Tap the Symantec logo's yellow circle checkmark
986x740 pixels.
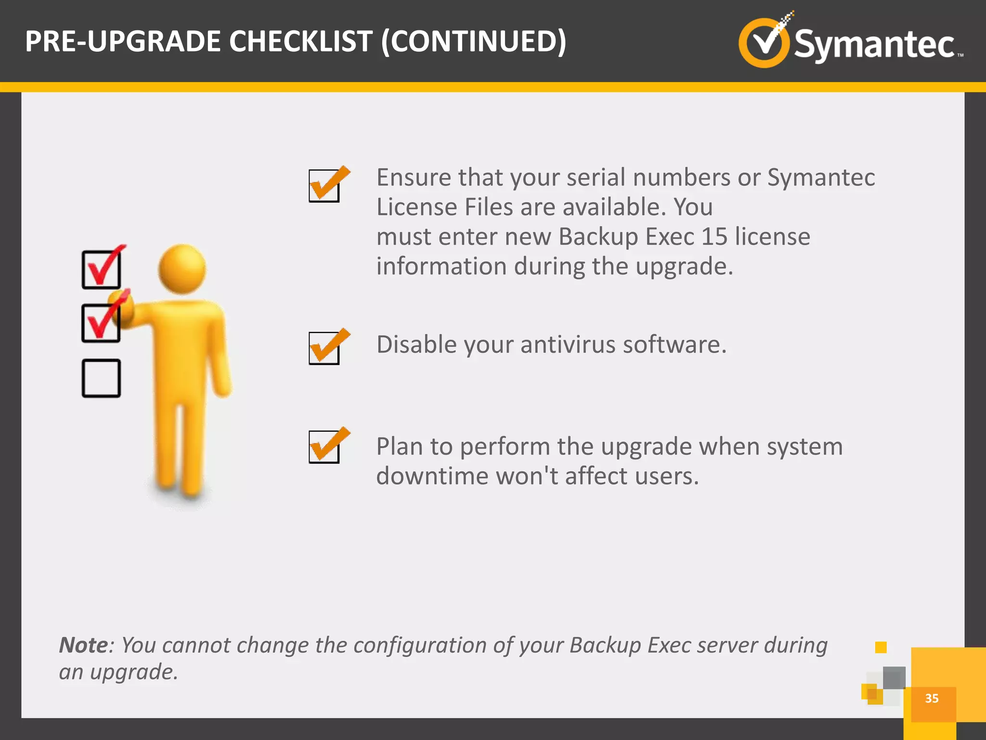[x=765, y=42]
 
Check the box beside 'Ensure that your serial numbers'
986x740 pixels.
[x=324, y=185]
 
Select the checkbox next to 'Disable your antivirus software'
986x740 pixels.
[x=324, y=348]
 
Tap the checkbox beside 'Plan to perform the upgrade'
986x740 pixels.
[x=324, y=447]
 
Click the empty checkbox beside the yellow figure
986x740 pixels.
[x=101, y=378]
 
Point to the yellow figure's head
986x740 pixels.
[x=182, y=269]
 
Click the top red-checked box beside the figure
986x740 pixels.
[x=101, y=270]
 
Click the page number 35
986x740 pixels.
[x=932, y=698]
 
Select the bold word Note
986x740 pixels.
[x=84, y=645]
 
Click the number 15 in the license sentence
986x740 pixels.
[x=714, y=237]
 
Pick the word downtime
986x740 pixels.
[x=432, y=476]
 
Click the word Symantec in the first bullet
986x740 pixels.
[x=821, y=178]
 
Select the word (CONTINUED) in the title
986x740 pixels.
[x=474, y=41]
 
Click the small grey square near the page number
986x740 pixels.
[x=894, y=678]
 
